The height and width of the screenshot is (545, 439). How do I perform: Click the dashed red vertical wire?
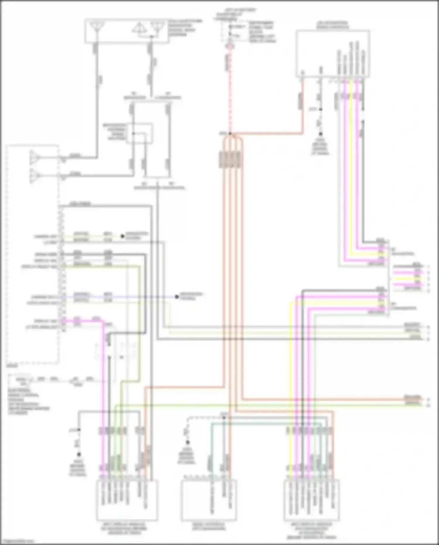click(x=230, y=88)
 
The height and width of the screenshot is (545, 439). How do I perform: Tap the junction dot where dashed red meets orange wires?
click(x=230, y=134)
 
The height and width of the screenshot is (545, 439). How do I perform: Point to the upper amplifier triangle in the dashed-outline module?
click(x=35, y=157)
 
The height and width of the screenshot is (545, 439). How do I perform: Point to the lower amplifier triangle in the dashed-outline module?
click(x=35, y=176)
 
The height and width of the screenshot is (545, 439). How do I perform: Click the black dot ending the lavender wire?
click(x=177, y=297)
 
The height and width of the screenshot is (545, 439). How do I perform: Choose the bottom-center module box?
click(x=208, y=500)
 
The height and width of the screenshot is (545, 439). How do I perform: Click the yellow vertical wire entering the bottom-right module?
click(x=290, y=381)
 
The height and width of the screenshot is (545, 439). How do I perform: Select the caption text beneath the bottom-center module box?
click(x=208, y=526)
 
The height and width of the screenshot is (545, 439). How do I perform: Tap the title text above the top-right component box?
click(x=332, y=25)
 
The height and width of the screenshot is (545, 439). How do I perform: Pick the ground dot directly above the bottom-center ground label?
click(x=188, y=442)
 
